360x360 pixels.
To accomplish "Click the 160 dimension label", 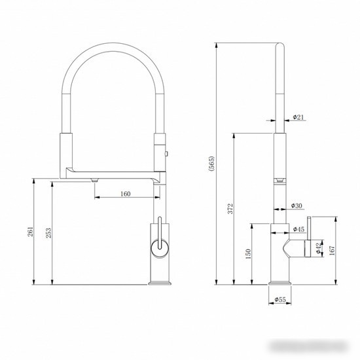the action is pyautogui.click(x=126, y=194).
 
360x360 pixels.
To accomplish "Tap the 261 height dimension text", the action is pyautogui.click(x=31, y=232).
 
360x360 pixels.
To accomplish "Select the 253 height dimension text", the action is pyautogui.click(x=48, y=232).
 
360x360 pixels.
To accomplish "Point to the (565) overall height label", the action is pyautogui.click(x=211, y=164).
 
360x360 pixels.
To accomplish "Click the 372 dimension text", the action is pyautogui.click(x=230, y=208).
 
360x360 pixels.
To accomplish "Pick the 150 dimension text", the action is pyautogui.click(x=248, y=254).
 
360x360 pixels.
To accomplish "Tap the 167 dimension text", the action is pyautogui.click(x=332, y=251).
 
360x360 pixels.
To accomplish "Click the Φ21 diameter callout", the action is pyautogui.click(x=298, y=117).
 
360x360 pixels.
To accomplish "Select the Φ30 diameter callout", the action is pyautogui.click(x=297, y=206).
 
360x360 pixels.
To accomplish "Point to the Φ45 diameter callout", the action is pyautogui.click(x=298, y=229).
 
